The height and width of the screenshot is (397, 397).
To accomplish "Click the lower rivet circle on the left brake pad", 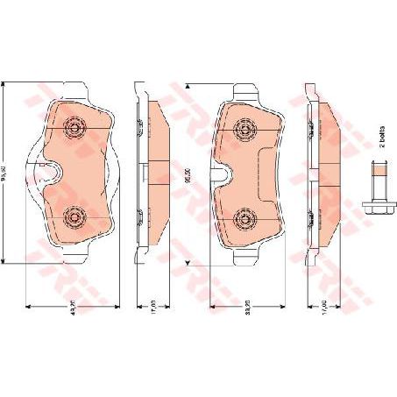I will [74, 216].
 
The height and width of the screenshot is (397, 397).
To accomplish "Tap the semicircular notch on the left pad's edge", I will [50, 173].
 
